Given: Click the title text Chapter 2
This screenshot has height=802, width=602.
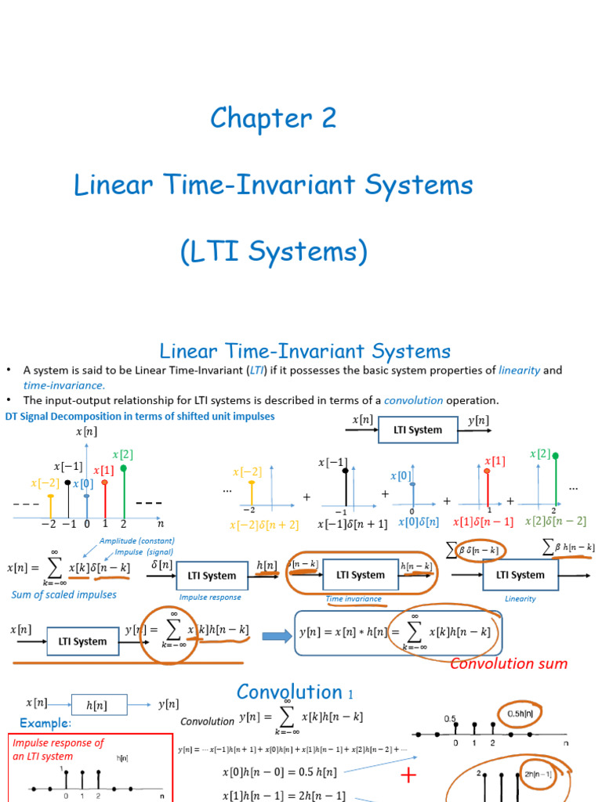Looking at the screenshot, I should pyautogui.click(x=273, y=118).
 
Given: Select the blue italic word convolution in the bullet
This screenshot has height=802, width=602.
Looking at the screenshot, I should pyautogui.click(x=413, y=400).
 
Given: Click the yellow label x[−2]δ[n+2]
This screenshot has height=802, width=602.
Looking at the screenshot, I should pyautogui.click(x=264, y=525).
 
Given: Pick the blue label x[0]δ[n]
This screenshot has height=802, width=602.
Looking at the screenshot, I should pyautogui.click(x=419, y=522).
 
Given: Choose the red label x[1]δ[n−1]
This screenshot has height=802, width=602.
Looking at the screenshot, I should pyautogui.click(x=484, y=522).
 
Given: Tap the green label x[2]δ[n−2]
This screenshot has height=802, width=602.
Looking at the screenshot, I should pyautogui.click(x=555, y=522).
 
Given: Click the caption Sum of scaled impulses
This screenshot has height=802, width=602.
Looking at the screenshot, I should pyautogui.click(x=64, y=594).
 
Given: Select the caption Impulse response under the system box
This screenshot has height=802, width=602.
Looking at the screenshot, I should pyautogui.click(x=210, y=598).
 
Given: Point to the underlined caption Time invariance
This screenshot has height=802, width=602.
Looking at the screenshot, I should pyautogui.click(x=354, y=598).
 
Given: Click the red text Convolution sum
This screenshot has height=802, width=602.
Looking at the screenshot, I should pyautogui.click(x=509, y=663).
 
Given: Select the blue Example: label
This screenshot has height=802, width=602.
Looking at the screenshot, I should pyautogui.click(x=45, y=722).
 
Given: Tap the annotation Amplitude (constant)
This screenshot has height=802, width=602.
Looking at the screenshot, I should pyautogui.click(x=136, y=541).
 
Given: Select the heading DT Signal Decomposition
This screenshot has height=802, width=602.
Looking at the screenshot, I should pyautogui.click(x=140, y=416).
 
